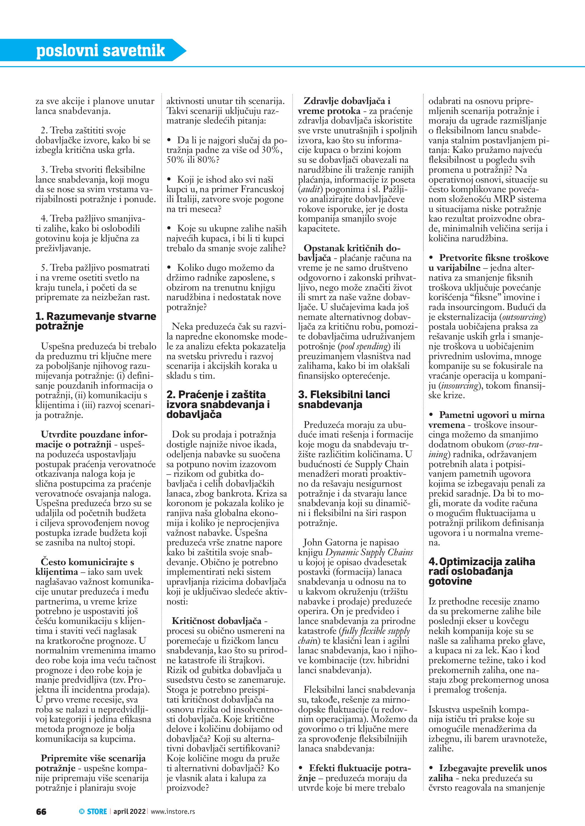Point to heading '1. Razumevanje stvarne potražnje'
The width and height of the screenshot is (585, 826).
[95, 321]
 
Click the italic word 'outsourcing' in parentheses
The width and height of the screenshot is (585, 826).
[523, 317]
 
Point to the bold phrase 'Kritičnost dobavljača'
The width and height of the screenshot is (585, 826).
[217, 621]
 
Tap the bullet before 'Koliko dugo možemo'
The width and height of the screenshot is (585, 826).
[169, 268]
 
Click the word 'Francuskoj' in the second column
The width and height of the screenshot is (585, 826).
[262, 189]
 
